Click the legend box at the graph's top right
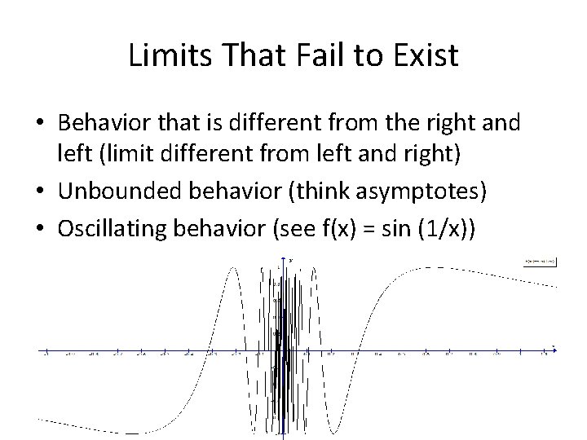point(541,261)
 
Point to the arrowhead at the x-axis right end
point(554,351)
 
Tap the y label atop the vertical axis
point(291,261)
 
